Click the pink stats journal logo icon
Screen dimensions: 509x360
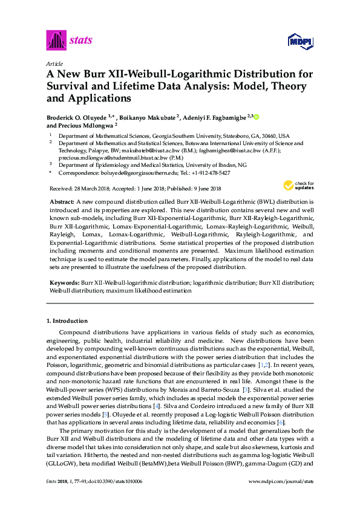[x=56, y=41]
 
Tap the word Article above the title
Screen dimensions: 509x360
[x=54, y=63]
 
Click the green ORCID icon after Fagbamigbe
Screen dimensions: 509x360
[x=256, y=117]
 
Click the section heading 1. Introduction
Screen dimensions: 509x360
[x=67, y=320]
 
